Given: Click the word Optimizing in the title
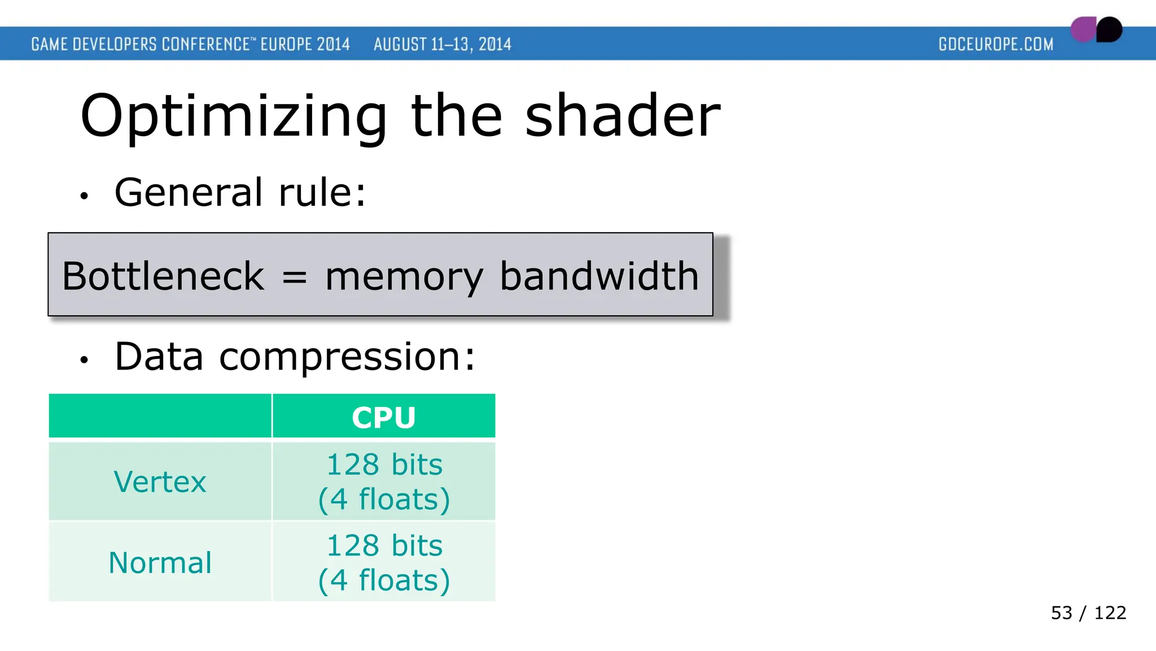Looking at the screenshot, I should [x=233, y=117].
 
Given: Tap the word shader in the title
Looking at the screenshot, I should [x=623, y=116].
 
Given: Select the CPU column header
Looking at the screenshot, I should [x=384, y=417].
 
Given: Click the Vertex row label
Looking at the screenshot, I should [x=160, y=482].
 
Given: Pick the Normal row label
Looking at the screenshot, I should [x=160, y=563].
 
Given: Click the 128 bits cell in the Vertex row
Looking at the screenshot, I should [x=384, y=481].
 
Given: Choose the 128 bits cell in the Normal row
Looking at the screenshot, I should [x=384, y=563].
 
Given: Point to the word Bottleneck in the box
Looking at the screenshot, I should [x=163, y=276].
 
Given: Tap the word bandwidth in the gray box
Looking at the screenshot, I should [x=599, y=276].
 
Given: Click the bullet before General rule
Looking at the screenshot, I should [x=84, y=196].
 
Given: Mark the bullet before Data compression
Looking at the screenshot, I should [x=84, y=360].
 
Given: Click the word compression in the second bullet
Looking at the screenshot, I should [x=347, y=358].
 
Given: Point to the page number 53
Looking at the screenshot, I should [x=1061, y=613].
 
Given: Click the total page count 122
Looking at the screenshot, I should [x=1110, y=613].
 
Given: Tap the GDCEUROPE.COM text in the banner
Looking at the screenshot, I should [x=996, y=44].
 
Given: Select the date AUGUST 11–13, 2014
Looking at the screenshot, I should [x=442, y=44].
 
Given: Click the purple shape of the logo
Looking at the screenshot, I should [x=1083, y=30].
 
